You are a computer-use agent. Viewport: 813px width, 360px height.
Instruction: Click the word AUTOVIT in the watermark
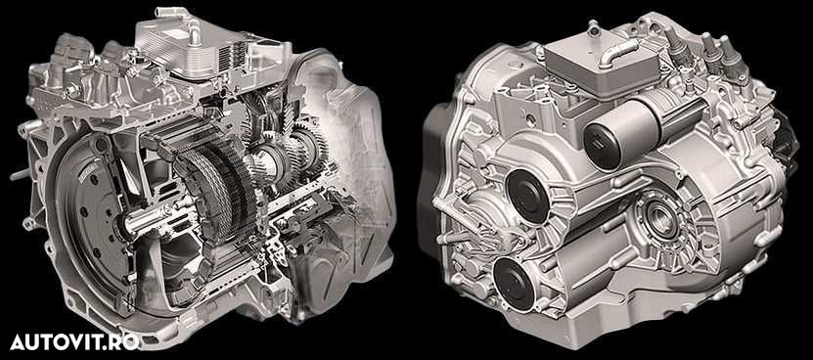point(56,341)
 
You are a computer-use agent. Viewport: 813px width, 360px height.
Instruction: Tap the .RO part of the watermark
point(120,341)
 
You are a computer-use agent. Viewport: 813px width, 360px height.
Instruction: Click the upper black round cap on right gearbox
point(527,197)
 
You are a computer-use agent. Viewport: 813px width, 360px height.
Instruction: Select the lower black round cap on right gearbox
point(514,285)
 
